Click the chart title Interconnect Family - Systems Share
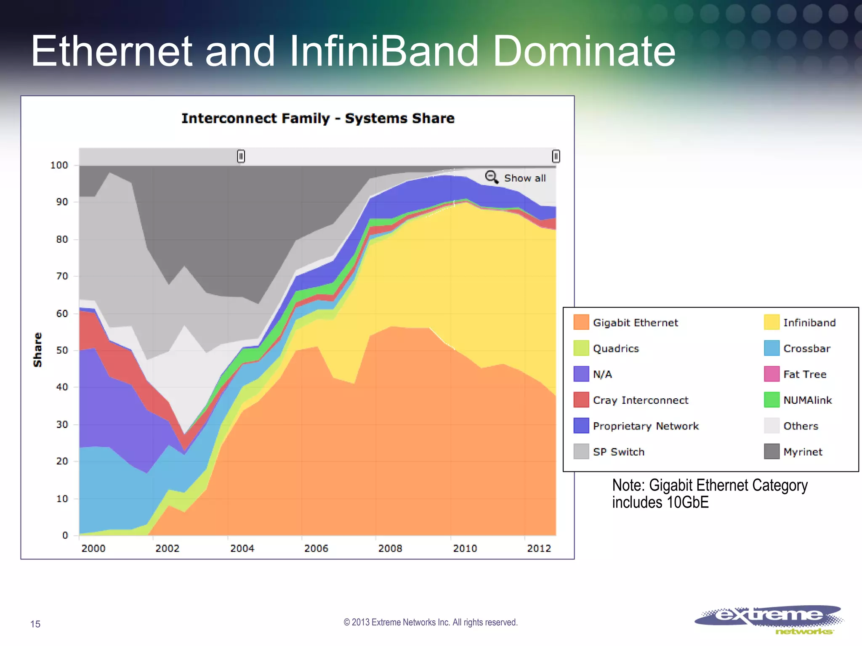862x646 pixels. coord(318,118)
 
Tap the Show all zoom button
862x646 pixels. coord(516,178)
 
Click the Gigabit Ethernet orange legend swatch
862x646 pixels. coord(581,322)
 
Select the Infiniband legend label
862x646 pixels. coord(809,323)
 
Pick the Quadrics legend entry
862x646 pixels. coord(615,349)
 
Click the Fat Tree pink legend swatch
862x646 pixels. coord(772,374)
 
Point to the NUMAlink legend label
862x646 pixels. coord(807,400)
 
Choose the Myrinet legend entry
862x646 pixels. coord(802,452)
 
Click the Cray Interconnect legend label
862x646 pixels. coord(640,400)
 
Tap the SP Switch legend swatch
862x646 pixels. coord(581,451)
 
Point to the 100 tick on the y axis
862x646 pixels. coord(59,165)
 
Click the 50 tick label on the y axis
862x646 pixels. coord(62,350)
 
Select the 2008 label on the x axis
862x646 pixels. coord(390,548)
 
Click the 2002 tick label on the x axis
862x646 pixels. coord(168,548)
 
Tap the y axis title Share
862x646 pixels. coord(38,349)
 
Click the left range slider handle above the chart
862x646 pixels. coord(241,156)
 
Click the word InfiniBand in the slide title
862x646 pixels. coord(384,51)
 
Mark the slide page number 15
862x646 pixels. coord(35,624)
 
